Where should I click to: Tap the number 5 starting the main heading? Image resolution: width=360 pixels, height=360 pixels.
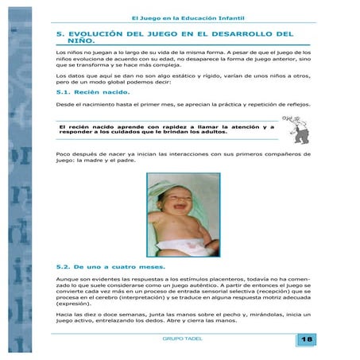60,34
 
